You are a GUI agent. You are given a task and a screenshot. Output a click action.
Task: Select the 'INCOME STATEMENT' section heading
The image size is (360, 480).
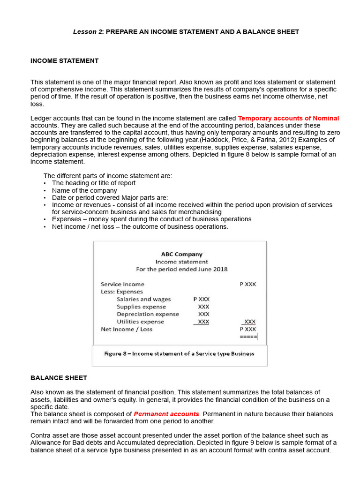tap(64, 61)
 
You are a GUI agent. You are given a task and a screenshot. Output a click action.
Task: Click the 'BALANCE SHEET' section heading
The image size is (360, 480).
tap(59, 378)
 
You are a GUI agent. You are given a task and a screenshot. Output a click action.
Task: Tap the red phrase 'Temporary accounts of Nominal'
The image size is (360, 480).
tap(288, 119)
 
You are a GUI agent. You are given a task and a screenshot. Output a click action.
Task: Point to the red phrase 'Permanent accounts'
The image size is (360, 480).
tap(166, 414)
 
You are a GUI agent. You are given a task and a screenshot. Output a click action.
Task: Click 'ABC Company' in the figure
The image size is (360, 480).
tap(181, 255)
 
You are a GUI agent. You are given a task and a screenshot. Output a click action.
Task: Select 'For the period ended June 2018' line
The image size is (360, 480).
tap(181, 270)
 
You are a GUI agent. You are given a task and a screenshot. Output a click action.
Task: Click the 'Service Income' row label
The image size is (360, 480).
tap(122, 285)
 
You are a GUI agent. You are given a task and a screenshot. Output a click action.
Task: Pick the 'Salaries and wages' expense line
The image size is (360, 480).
tap(143, 300)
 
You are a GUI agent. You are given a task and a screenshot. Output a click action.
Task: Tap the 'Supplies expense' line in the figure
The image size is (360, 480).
tap(141, 307)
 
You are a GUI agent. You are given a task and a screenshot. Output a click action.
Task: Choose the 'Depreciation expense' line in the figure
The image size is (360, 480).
tap(148, 315)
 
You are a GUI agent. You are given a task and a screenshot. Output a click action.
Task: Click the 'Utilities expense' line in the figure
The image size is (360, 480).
tap(140, 322)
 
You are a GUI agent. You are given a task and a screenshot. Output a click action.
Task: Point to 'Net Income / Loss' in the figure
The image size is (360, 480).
tap(127, 330)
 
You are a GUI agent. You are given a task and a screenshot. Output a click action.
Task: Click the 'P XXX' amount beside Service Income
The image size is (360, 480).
tap(247, 285)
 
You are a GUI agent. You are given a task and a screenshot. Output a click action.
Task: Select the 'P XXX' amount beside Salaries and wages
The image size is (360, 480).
tap(201, 300)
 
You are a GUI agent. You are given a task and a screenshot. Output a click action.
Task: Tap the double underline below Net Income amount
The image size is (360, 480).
tap(248, 337)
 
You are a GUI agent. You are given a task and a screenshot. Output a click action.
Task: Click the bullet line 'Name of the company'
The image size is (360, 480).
tap(84, 191)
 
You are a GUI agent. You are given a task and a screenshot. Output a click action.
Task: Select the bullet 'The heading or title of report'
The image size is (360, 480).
tap(94, 183)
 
